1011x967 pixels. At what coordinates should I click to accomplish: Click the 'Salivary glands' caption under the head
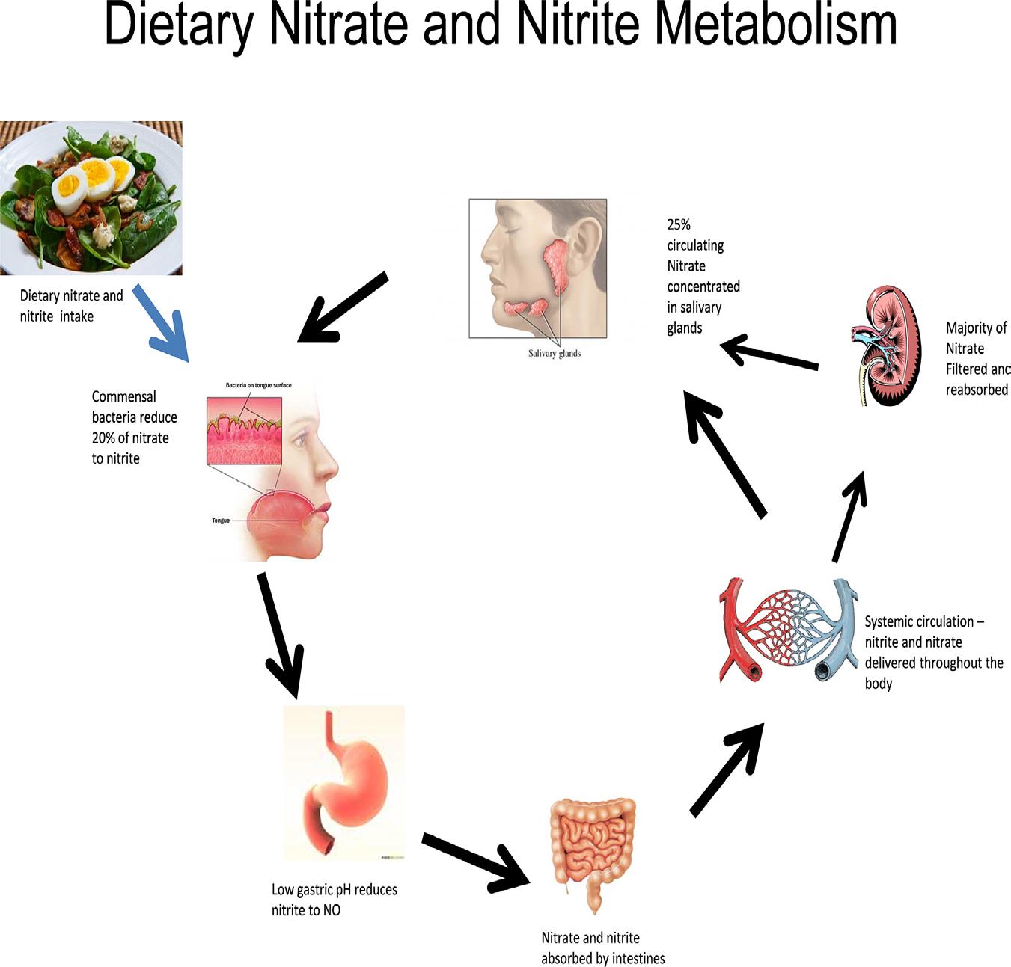pyautogui.click(x=554, y=353)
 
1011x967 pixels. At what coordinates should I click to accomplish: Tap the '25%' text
pyautogui.click(x=679, y=224)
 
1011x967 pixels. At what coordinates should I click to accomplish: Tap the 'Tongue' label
pyautogui.click(x=221, y=521)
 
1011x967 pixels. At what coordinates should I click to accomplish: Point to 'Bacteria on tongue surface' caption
pyautogui.click(x=258, y=385)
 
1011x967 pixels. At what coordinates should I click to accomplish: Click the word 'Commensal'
pyautogui.click(x=124, y=396)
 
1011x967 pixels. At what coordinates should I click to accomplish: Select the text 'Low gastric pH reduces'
pyautogui.click(x=334, y=889)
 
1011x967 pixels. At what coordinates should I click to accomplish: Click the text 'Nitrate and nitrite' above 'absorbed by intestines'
pyautogui.click(x=590, y=938)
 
